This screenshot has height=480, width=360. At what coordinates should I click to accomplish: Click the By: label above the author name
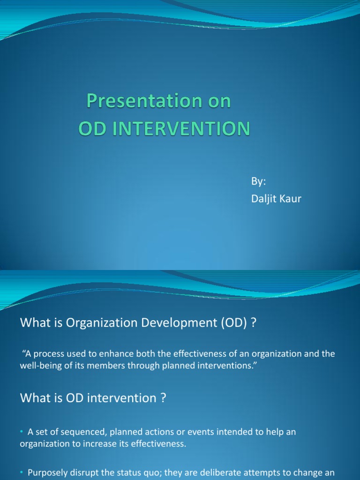[x=259, y=181]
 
